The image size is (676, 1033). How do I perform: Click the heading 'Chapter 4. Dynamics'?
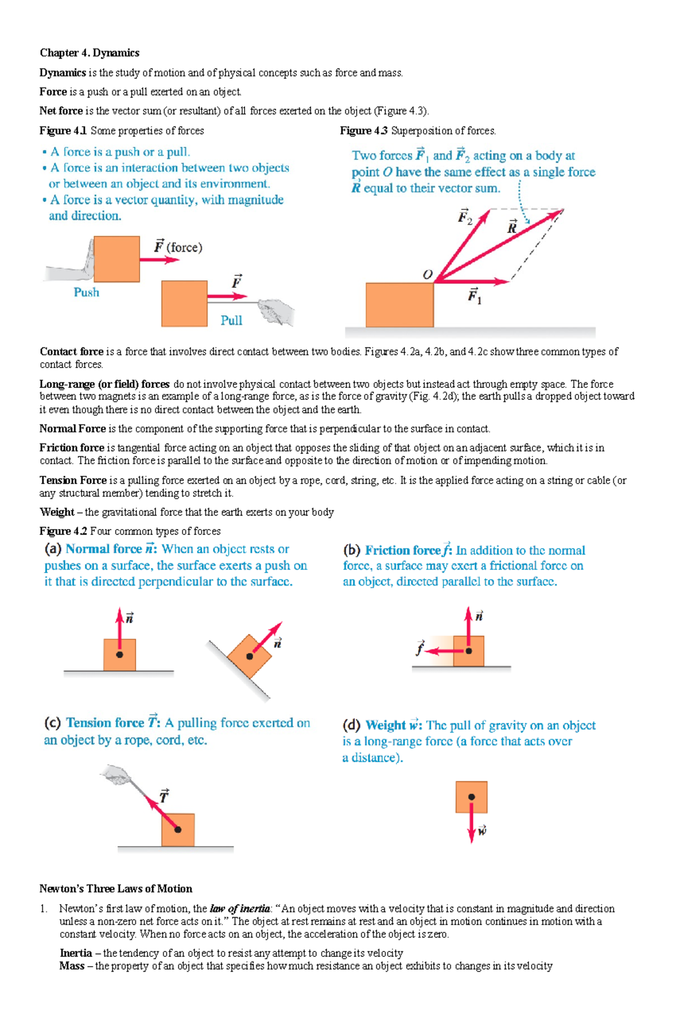(89, 53)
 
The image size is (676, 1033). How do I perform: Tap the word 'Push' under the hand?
(86, 292)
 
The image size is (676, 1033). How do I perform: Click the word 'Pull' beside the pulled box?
(231, 320)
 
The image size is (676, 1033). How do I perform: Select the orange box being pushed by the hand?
(117, 259)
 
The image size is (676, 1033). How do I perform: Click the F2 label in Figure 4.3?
(465, 217)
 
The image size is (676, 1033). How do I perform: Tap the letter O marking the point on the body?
(428, 274)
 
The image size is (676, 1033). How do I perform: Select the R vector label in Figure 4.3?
(512, 227)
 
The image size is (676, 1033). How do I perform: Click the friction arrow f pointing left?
(439, 651)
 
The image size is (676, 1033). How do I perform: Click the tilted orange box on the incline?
(250, 656)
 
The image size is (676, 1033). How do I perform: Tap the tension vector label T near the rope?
(163, 796)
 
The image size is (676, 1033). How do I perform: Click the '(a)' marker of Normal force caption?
(53, 549)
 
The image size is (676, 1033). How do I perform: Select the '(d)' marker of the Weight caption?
(352, 725)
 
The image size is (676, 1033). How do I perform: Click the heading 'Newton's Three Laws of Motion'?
(115, 888)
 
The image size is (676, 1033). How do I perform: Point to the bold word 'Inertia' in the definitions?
(75, 953)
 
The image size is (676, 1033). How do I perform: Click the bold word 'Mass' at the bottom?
(72, 966)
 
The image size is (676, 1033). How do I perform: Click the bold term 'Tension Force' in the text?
(73, 480)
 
